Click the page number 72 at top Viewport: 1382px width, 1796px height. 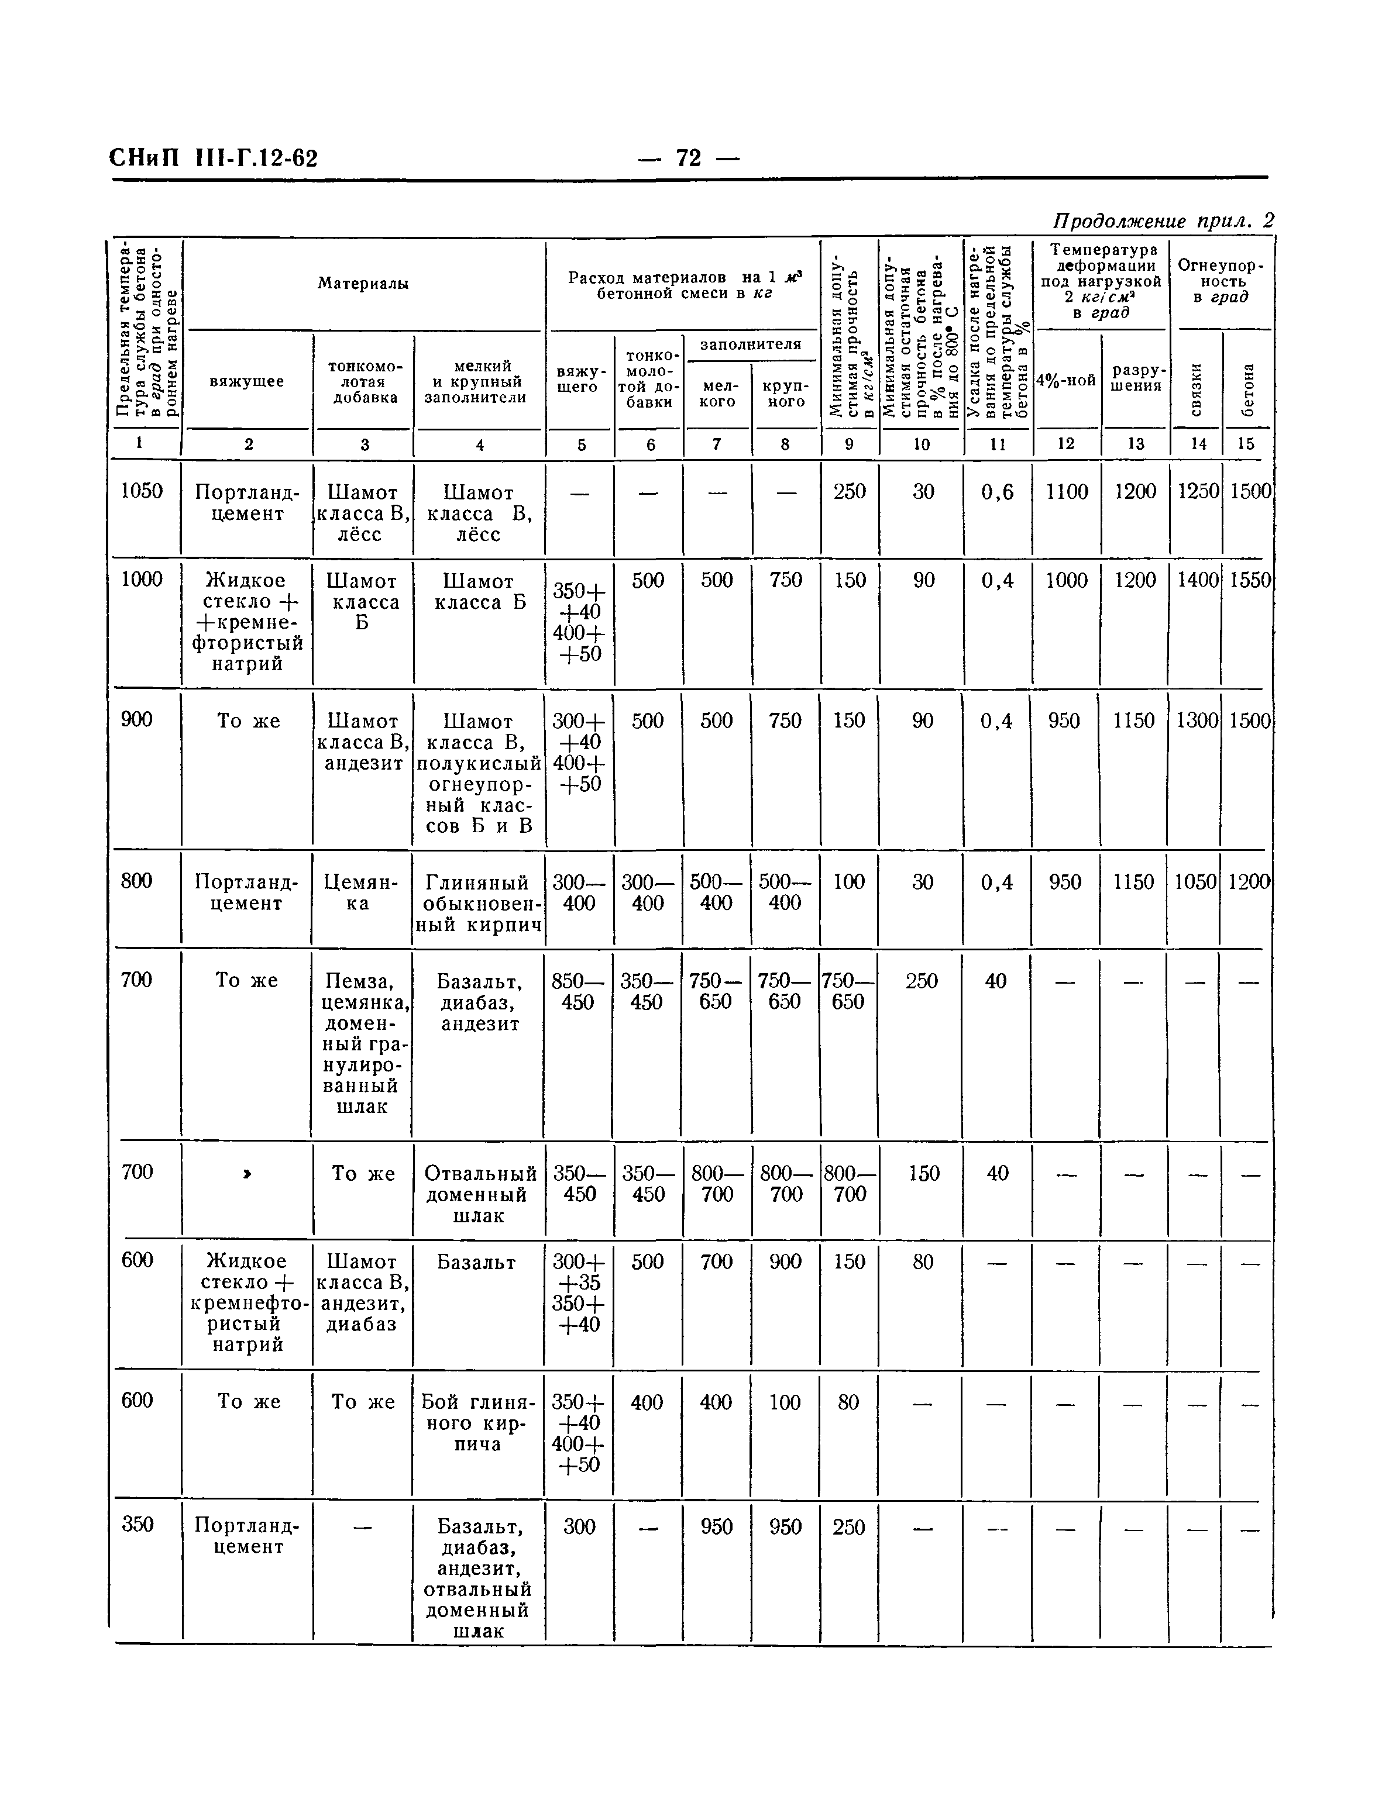tap(689, 157)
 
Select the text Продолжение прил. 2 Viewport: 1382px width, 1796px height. tap(1163, 220)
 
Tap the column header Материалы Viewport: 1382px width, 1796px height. tap(363, 284)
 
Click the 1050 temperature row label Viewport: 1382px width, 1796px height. tap(142, 491)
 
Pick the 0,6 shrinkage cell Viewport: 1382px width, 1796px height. tap(997, 492)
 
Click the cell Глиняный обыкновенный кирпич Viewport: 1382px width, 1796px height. tap(478, 903)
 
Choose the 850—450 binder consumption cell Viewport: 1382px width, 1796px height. tap(578, 991)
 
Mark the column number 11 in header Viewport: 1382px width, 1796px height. tap(997, 444)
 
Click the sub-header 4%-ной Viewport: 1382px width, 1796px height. tap(1065, 380)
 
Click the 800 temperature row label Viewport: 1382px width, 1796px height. tap(136, 881)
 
